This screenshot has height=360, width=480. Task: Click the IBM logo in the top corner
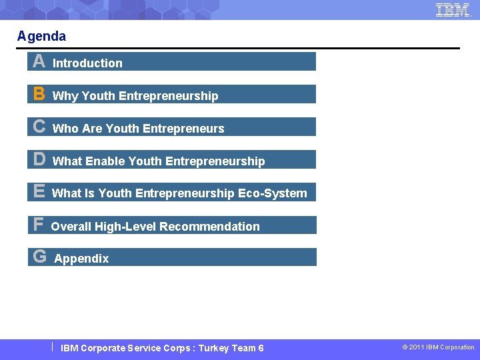pos(453,9)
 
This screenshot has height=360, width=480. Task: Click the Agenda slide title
pos(41,36)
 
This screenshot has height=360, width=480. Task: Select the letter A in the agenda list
pos(39,62)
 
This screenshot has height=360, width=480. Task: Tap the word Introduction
pos(87,63)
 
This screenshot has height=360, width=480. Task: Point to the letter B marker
pos(39,95)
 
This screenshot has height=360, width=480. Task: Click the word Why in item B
pos(65,96)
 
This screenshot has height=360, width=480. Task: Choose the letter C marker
pos(39,127)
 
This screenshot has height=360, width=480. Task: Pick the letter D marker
pos(39,159)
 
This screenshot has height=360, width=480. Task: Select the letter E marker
pos(39,192)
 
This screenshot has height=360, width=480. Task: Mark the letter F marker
pos(38,225)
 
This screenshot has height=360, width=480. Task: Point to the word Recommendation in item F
pos(209,227)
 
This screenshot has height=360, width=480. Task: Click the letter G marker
pos(39,257)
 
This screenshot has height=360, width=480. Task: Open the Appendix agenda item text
pos(81,259)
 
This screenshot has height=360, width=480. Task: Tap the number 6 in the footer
pos(261,348)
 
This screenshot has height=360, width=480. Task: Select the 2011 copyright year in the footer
pos(417,347)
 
